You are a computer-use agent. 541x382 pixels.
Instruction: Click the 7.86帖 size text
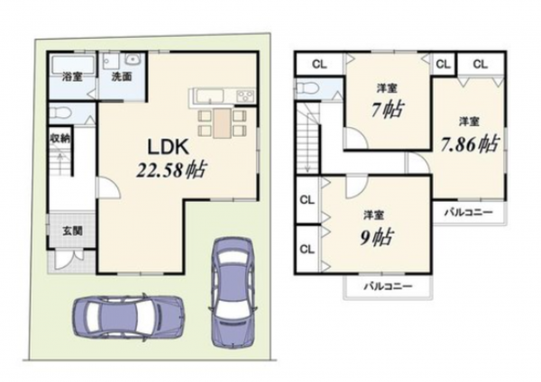(469, 142)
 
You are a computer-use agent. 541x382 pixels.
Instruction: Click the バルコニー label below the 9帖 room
(388, 286)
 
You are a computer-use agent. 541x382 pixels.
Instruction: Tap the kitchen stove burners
(244, 95)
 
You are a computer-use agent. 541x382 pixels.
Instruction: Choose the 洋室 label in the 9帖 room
(370, 214)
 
